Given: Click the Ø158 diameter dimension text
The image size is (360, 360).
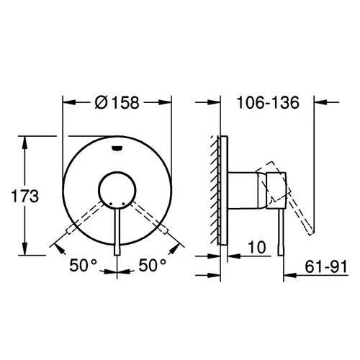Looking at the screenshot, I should click(x=117, y=102).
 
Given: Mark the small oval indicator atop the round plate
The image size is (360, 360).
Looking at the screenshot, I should click(x=117, y=150).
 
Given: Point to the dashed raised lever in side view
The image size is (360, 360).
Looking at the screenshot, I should click(x=302, y=209).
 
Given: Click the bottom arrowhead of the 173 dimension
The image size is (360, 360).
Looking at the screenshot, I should click(x=26, y=251).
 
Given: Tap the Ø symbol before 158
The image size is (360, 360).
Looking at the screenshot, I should click(x=102, y=102).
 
